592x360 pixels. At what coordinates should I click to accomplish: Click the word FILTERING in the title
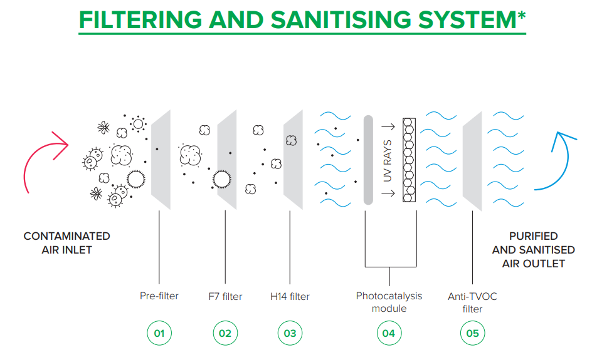click(x=140, y=19)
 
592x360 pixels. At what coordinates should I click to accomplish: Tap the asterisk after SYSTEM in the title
click(x=521, y=16)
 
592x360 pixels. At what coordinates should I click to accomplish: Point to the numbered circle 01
click(x=159, y=333)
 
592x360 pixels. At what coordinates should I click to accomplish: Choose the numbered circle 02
click(x=225, y=333)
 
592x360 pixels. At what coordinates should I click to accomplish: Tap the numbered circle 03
click(x=290, y=333)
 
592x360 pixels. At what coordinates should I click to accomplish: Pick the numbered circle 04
click(x=389, y=333)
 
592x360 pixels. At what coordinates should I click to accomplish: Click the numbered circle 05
click(x=472, y=333)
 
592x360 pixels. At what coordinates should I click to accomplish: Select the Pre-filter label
click(x=159, y=296)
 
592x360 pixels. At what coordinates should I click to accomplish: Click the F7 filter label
click(x=225, y=297)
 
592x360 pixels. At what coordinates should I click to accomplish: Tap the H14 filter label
click(x=290, y=297)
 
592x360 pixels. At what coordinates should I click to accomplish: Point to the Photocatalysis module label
click(x=389, y=302)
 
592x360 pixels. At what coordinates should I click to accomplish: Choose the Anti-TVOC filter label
click(x=472, y=302)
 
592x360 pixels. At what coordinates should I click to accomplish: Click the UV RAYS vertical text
click(x=388, y=160)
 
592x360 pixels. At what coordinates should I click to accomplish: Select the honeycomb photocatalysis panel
click(x=409, y=160)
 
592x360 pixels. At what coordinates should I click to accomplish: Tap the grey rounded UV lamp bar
click(x=369, y=160)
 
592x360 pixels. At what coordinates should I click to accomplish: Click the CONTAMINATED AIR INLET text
click(x=67, y=243)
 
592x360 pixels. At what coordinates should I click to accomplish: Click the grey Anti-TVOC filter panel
click(x=472, y=161)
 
